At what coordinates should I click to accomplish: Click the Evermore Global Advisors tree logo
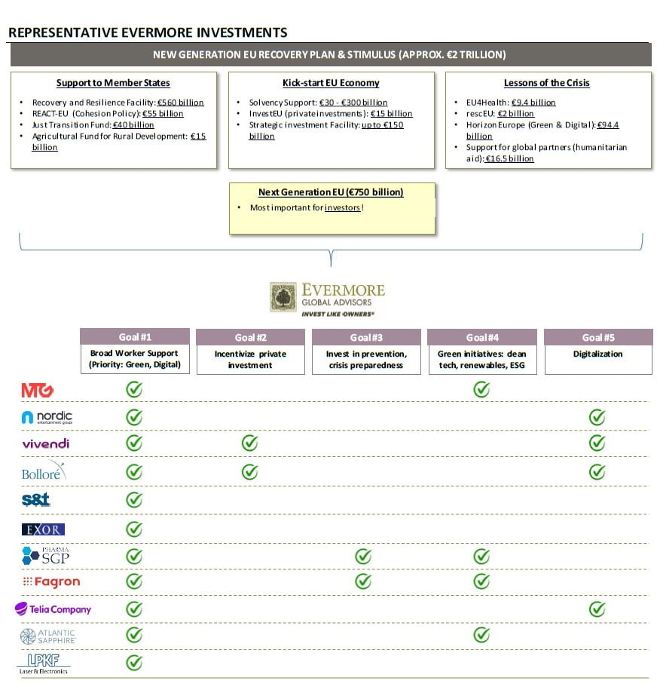point(284,297)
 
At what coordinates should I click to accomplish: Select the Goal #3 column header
point(366,337)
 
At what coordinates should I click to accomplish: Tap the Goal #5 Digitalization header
point(597,337)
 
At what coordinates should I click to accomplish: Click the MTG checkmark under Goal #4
point(481,389)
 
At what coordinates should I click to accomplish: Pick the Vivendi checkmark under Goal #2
point(249,443)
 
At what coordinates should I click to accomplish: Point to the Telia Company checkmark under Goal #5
point(597,609)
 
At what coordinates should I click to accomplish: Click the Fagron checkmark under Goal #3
point(363,581)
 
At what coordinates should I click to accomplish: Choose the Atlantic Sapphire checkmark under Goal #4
point(481,636)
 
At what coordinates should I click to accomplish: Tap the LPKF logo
point(44,663)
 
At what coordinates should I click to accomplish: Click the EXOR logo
point(43,529)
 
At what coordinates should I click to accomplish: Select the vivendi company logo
point(45,443)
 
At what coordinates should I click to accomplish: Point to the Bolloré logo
point(44,471)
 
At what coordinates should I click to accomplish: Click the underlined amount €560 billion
point(180,103)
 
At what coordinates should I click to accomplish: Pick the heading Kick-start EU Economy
point(331,83)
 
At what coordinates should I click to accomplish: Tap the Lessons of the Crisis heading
point(546,83)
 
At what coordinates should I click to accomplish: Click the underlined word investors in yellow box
point(342,207)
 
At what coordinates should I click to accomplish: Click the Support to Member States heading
point(113,83)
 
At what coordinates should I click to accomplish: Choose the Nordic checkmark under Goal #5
point(597,416)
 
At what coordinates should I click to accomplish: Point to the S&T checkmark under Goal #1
point(134,499)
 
